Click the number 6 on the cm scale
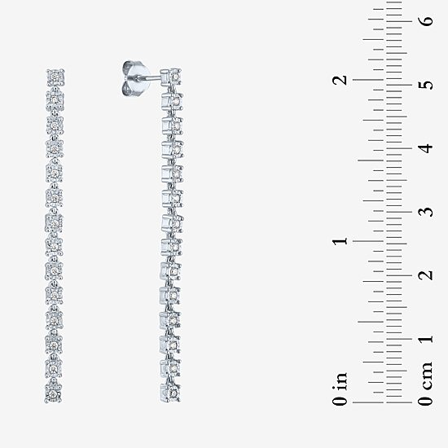427,21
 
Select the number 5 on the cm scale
427,85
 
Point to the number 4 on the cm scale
427,148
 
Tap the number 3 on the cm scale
427,212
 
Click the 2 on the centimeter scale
427,275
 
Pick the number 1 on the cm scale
427,339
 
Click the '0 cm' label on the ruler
426,384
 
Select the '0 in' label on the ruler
340,389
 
